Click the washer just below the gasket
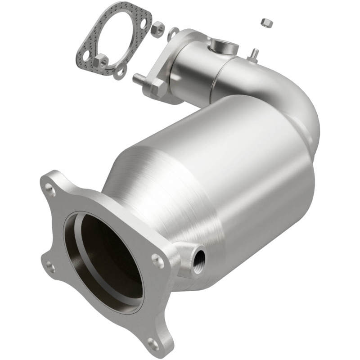pos(120,71)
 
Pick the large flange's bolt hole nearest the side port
pos(158,259)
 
